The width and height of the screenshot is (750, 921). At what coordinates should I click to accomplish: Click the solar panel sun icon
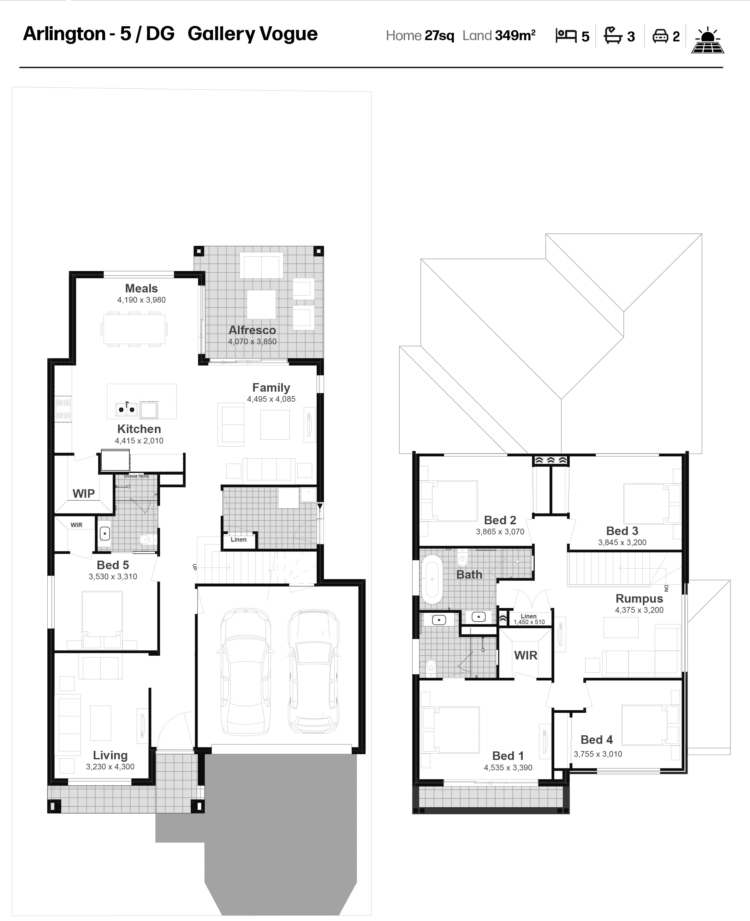click(708, 40)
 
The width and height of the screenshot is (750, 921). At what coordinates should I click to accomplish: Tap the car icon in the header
click(660, 36)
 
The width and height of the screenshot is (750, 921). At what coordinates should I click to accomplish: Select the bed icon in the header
click(566, 35)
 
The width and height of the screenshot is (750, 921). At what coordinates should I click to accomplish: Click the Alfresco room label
click(252, 330)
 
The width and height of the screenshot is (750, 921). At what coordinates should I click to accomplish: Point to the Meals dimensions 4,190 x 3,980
click(141, 300)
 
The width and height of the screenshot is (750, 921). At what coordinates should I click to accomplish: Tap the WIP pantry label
click(83, 494)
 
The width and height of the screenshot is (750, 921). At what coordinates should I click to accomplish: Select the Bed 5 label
click(113, 565)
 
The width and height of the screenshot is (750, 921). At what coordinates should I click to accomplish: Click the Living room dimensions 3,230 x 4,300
click(110, 767)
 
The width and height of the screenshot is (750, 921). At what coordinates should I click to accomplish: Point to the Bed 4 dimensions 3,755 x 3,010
click(598, 754)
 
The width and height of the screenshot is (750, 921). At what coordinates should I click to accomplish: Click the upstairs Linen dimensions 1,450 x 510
click(529, 622)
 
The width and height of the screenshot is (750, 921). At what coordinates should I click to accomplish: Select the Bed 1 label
click(508, 756)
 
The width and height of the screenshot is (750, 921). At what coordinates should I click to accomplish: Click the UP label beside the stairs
click(194, 567)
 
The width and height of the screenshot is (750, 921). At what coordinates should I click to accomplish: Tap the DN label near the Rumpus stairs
click(666, 588)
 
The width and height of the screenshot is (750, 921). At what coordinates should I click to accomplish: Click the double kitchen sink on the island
click(126, 408)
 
